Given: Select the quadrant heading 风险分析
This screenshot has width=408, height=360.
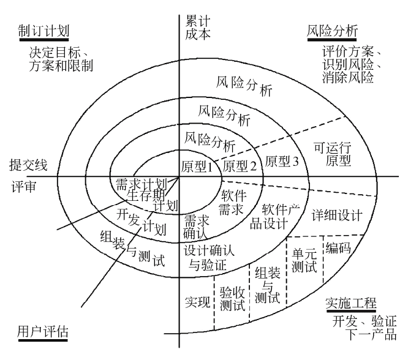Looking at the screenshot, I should (331, 31).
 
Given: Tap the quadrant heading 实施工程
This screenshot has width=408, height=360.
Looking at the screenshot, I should (350, 304).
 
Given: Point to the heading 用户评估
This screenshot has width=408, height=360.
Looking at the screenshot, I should (42, 332).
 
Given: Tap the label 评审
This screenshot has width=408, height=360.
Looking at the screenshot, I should (23, 186).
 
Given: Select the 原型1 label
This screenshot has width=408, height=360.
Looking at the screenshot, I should (197, 166).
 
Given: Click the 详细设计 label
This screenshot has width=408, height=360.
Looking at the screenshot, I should (337, 216).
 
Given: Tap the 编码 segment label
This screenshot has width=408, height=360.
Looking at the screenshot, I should (338, 247).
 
